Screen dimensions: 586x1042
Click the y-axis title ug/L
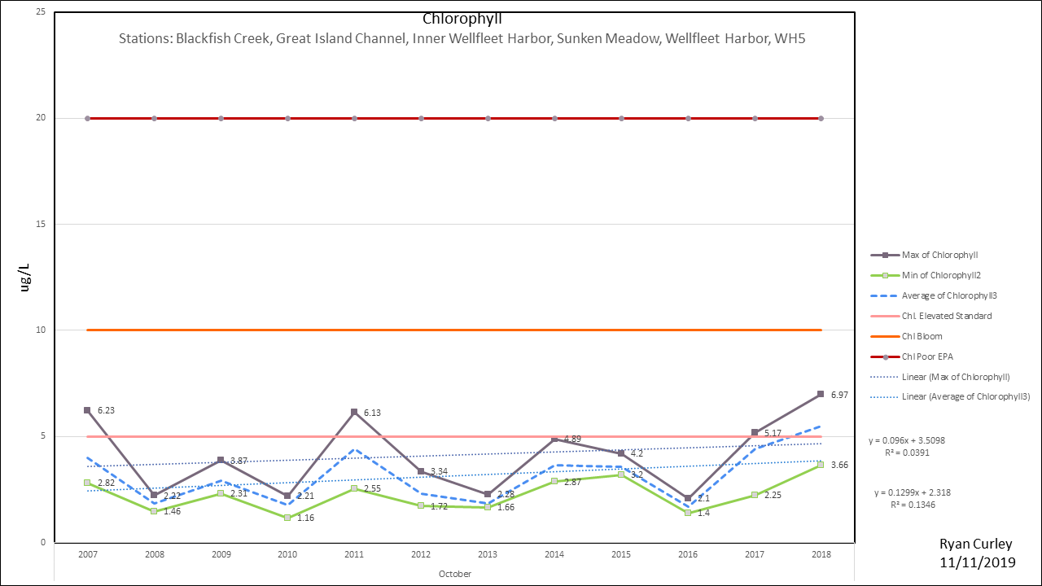point(24,278)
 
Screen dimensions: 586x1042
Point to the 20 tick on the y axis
point(40,118)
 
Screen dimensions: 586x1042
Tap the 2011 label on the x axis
point(354,554)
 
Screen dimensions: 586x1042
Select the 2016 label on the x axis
point(688,554)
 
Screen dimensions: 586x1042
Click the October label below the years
point(454,574)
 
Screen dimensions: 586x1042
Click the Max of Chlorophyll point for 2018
point(821,394)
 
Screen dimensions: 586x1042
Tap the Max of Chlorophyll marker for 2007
point(87,410)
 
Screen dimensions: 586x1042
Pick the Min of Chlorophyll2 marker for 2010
point(287,518)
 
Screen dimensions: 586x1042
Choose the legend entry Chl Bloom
point(922,336)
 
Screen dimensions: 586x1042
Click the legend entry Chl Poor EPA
point(928,356)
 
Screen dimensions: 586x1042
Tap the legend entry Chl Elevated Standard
point(946,316)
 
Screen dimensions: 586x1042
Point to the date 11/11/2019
point(978,562)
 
